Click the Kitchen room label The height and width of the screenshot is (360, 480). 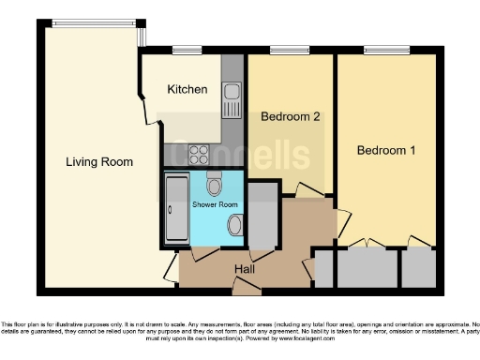coord(187,90)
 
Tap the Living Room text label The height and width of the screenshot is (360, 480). coord(98,162)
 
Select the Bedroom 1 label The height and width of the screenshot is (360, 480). coord(384,150)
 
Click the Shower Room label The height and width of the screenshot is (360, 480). coord(216,204)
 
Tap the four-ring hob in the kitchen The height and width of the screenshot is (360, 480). coord(200,153)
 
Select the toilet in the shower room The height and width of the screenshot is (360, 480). coord(215,184)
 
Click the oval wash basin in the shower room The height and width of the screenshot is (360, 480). coord(234,226)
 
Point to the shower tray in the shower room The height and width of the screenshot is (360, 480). coord(175,209)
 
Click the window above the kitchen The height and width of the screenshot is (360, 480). coord(187,50)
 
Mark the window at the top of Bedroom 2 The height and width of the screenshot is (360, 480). coord(284,50)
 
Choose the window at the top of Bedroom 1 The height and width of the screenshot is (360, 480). coord(381,50)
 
